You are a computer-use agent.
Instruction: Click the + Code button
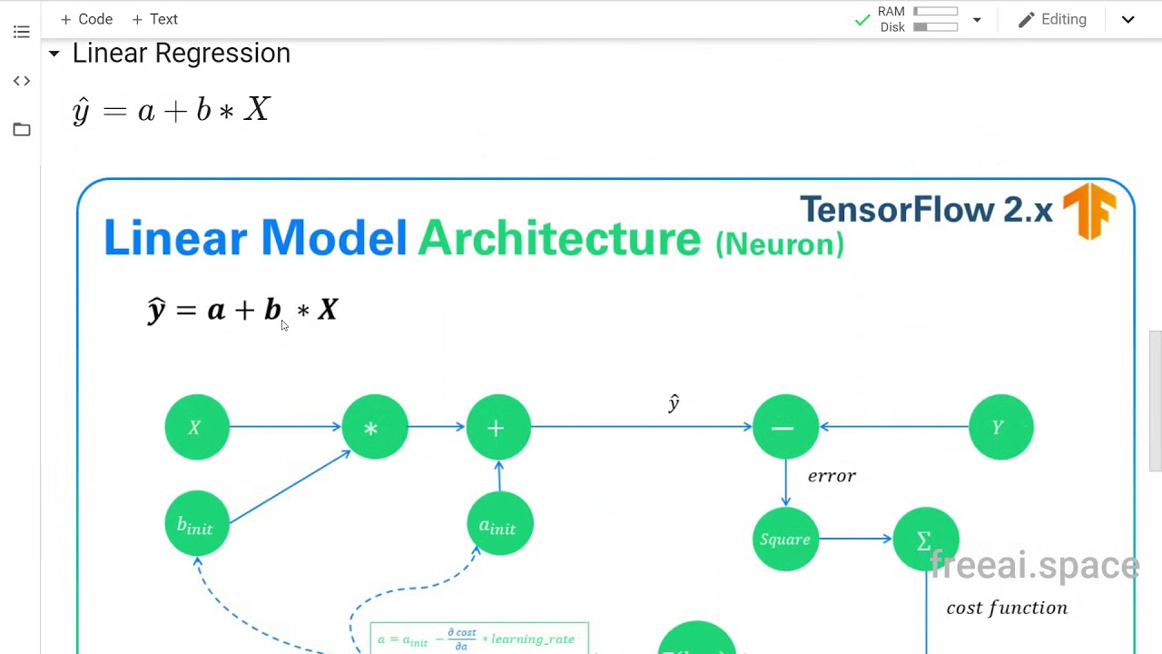86,19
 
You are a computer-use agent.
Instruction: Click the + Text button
154,19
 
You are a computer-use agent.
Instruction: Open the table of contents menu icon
22,33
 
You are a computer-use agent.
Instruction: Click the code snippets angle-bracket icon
22,81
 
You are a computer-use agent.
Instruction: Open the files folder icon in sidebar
22,130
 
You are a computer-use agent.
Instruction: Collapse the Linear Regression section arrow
54,54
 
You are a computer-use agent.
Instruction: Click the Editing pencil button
1052,19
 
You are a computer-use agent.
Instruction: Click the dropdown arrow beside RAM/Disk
977,20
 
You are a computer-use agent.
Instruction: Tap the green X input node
197,427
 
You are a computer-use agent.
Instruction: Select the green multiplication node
374,427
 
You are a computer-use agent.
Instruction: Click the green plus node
497,427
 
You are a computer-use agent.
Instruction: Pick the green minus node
785,427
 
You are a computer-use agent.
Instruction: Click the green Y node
1000,427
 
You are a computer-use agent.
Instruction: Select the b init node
196,525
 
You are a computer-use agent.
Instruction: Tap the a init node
498,525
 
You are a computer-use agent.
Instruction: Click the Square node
785,540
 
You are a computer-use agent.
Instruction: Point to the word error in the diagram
832,476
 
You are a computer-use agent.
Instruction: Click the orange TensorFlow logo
1089,211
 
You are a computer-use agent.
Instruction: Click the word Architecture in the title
559,239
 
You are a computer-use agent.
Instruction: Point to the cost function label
1007,608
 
